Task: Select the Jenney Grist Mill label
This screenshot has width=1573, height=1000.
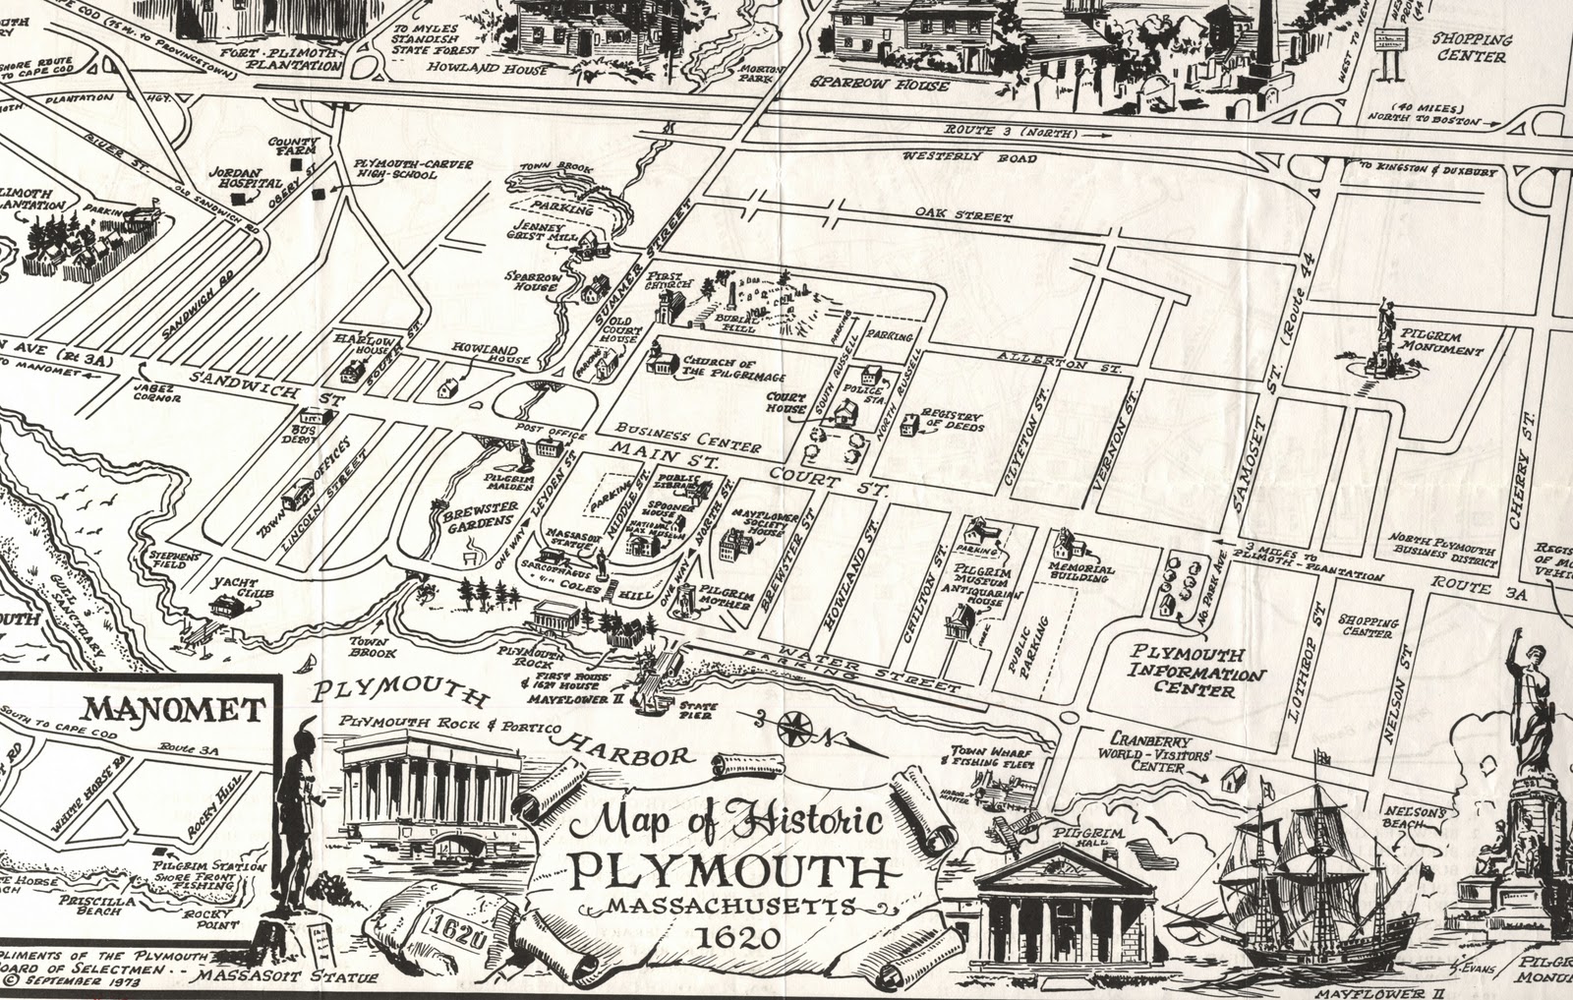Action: coord(534,229)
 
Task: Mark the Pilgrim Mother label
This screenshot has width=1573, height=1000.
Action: coord(728,599)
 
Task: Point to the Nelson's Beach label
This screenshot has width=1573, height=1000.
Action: coord(1416,818)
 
